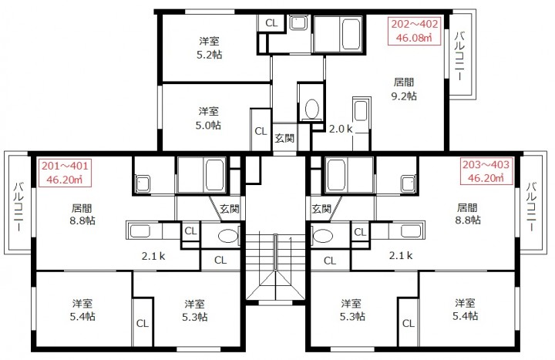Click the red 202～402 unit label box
[414, 31]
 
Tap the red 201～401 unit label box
[65, 173]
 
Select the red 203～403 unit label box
[486, 171]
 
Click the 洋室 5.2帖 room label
[209, 48]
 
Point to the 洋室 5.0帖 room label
[208, 118]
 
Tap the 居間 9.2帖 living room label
[404, 89]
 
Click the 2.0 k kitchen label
[341, 129]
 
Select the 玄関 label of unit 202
[284, 139]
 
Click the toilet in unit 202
[312, 109]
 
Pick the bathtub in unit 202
[351, 35]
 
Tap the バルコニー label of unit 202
[460, 56]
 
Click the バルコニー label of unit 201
[18, 207]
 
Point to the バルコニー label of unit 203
[531, 207]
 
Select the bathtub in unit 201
[215, 176]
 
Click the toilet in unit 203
[323, 236]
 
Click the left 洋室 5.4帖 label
[82, 310]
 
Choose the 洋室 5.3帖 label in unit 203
[351, 310]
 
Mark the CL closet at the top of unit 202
[271, 23]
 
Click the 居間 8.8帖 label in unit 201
[82, 214]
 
